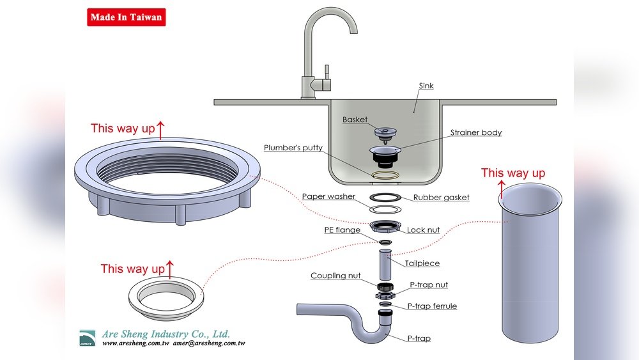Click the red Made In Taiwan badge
[x=127, y=17]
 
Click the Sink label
[x=426, y=86]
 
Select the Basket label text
[x=355, y=120]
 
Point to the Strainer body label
[x=476, y=132]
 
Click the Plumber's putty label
[x=293, y=148]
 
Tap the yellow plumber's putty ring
[x=385, y=175]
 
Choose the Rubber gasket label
[x=442, y=198]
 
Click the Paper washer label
[x=328, y=196]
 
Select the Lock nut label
[x=424, y=230]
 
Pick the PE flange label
[x=343, y=230]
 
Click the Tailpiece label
[x=422, y=263]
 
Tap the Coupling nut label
[x=335, y=276]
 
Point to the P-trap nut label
[x=429, y=285]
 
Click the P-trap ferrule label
[x=432, y=306]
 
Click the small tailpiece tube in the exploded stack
[x=385, y=264]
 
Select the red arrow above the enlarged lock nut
[x=160, y=130]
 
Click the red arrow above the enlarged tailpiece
[x=502, y=189]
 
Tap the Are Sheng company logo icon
[x=87, y=338]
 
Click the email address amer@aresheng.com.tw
[x=209, y=343]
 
